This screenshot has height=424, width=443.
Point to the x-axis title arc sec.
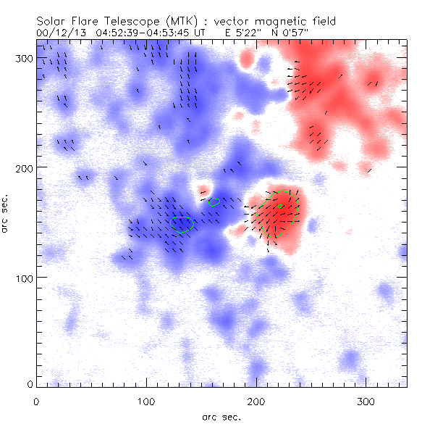tap(221, 417)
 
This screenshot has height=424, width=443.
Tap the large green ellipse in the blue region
tap(182, 224)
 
